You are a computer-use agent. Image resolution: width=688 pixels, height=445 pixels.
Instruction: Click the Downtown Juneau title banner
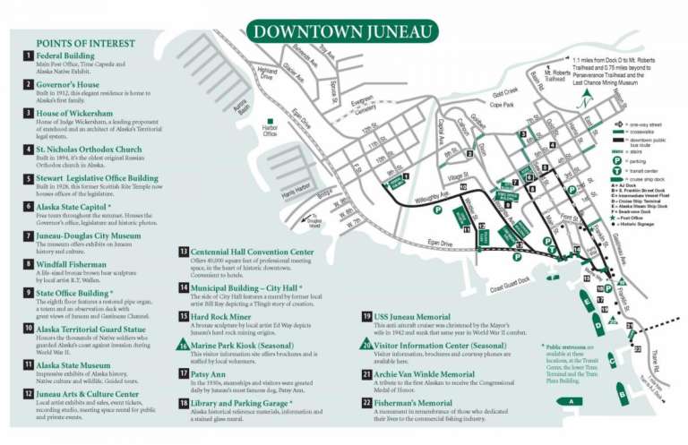coord(344,32)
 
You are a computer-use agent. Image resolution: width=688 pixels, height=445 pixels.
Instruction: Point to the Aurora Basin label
coord(239,107)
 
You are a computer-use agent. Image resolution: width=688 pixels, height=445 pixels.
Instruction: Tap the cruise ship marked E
coord(591,301)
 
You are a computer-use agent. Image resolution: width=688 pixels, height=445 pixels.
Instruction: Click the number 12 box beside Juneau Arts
coord(28,393)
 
